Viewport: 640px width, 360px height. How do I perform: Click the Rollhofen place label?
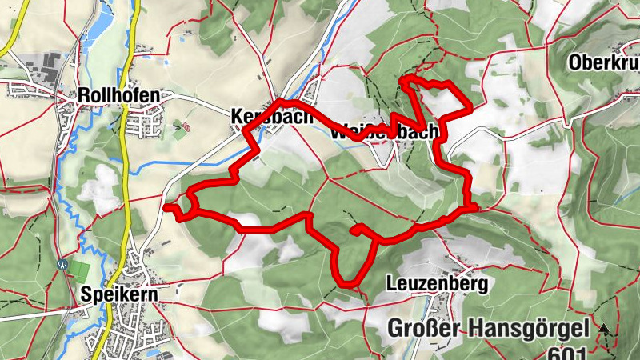point(118,95)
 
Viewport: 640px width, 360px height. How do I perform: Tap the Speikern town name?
point(119,294)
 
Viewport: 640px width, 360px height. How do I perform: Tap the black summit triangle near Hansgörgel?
point(604,328)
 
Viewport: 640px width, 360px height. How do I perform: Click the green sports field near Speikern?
point(80,270)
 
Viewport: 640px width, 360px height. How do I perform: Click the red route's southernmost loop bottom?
point(348,283)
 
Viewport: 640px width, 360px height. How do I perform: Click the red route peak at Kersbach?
point(278,101)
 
